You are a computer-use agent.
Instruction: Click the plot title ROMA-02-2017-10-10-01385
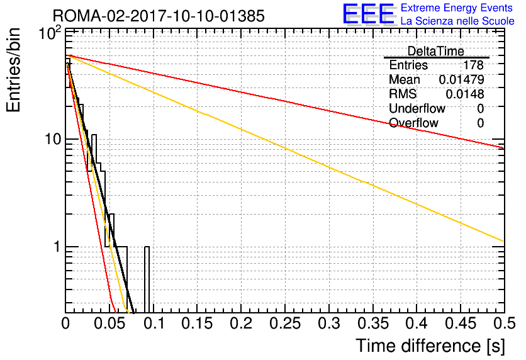(x=159, y=16)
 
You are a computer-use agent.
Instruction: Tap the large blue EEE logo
(x=369, y=14)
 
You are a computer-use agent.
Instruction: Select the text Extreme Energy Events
(x=457, y=8)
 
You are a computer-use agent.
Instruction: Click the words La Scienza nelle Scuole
(x=457, y=21)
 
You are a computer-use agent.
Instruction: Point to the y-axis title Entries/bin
(x=13, y=70)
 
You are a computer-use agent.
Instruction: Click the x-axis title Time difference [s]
(x=430, y=346)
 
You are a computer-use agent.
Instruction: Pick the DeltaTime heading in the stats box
(x=435, y=51)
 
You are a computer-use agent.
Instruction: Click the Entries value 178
(x=473, y=65)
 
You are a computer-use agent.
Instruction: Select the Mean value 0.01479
(x=461, y=79)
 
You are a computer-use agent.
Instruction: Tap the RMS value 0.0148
(x=464, y=94)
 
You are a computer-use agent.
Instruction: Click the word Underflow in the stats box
(x=417, y=108)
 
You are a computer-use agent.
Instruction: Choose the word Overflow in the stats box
(x=413, y=123)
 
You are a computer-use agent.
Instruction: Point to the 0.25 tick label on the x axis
(x=285, y=323)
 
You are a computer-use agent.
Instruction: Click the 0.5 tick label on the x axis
(x=504, y=323)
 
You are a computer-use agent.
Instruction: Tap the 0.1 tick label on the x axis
(x=154, y=323)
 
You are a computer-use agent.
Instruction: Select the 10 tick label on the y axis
(x=53, y=138)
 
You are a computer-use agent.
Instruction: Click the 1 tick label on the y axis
(x=57, y=247)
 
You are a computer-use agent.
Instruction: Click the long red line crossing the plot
(x=285, y=102)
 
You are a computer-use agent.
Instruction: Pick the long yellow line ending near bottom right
(x=285, y=148)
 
